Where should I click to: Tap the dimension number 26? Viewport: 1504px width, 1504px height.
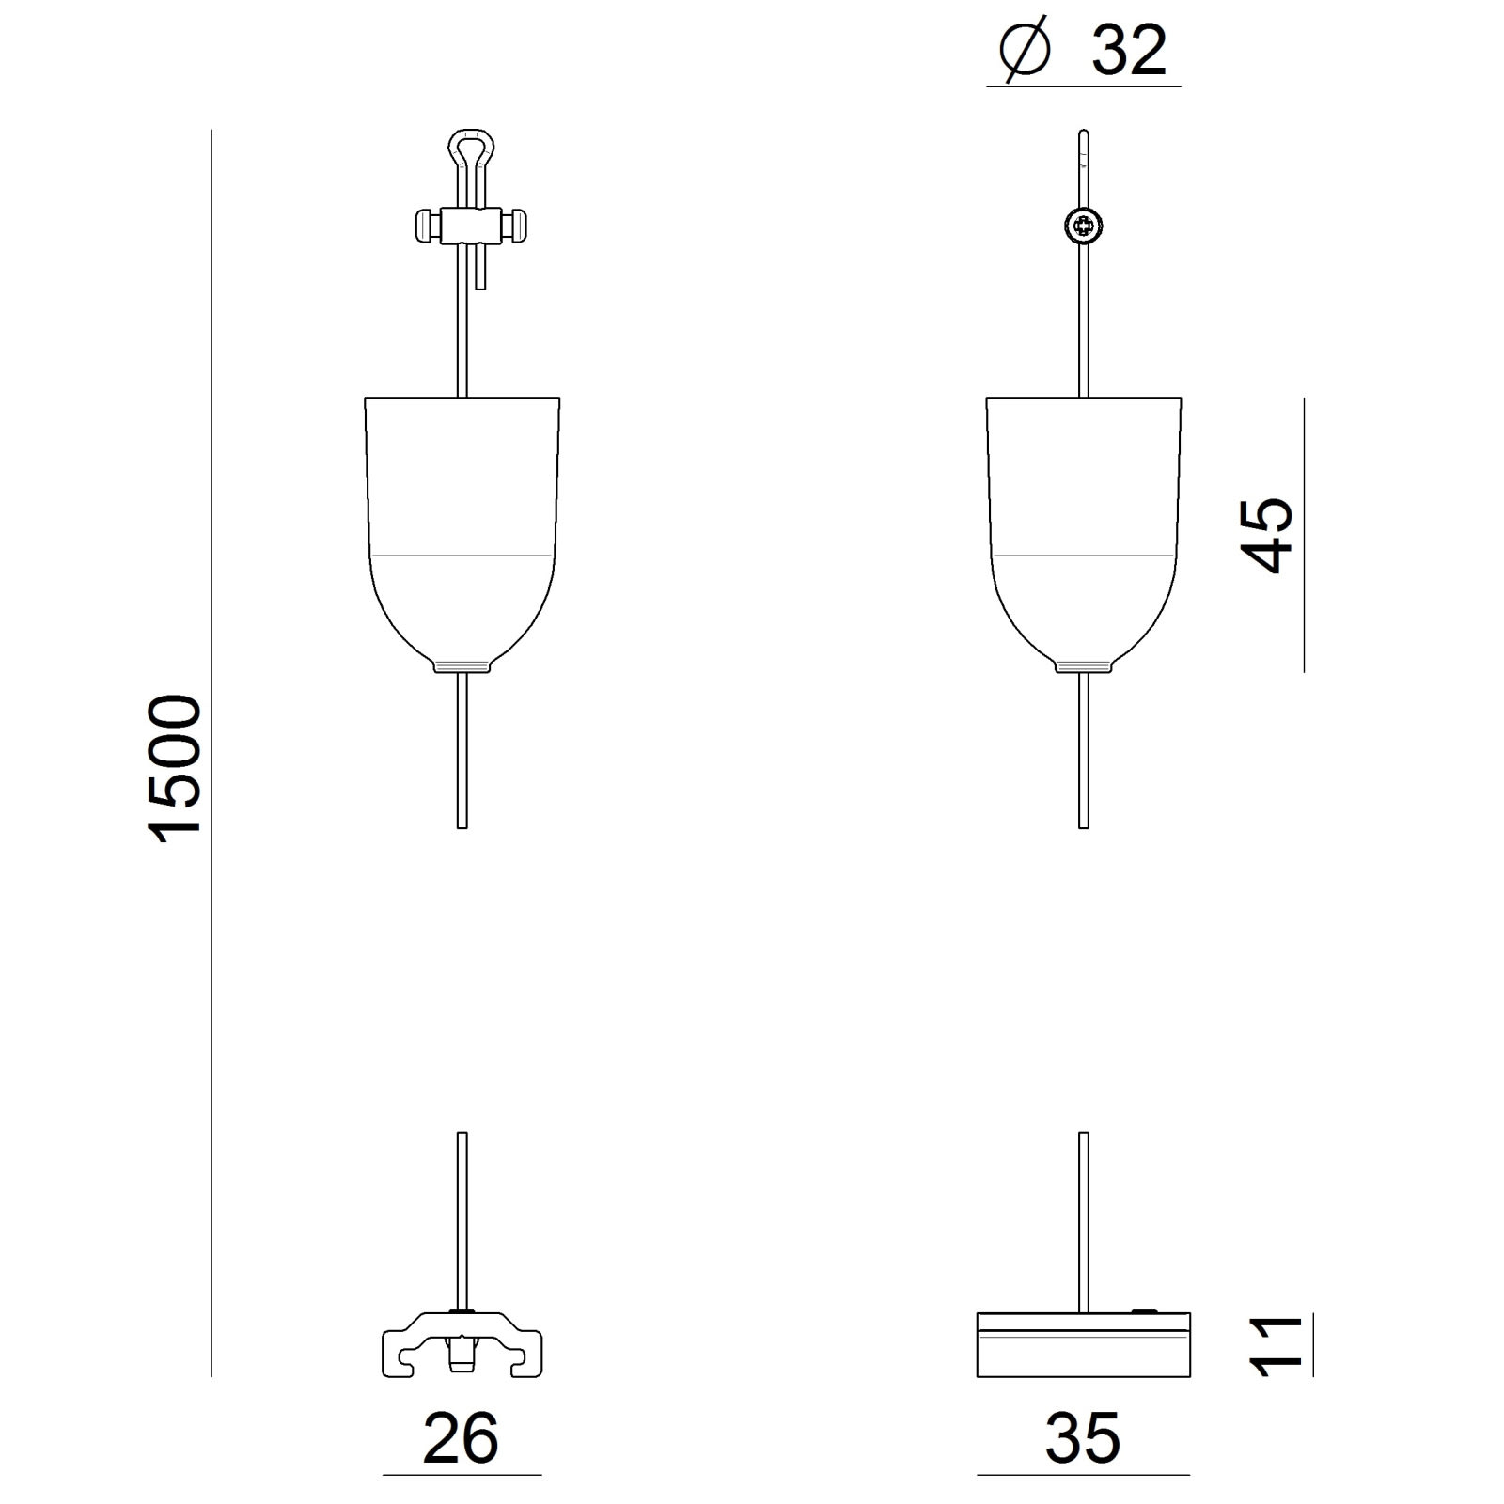tap(461, 1439)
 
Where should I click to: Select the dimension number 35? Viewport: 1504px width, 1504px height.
tap(1083, 1439)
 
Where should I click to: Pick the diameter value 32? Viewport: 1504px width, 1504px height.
tap(1129, 51)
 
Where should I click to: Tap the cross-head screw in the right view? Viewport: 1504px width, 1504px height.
tap(1084, 226)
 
